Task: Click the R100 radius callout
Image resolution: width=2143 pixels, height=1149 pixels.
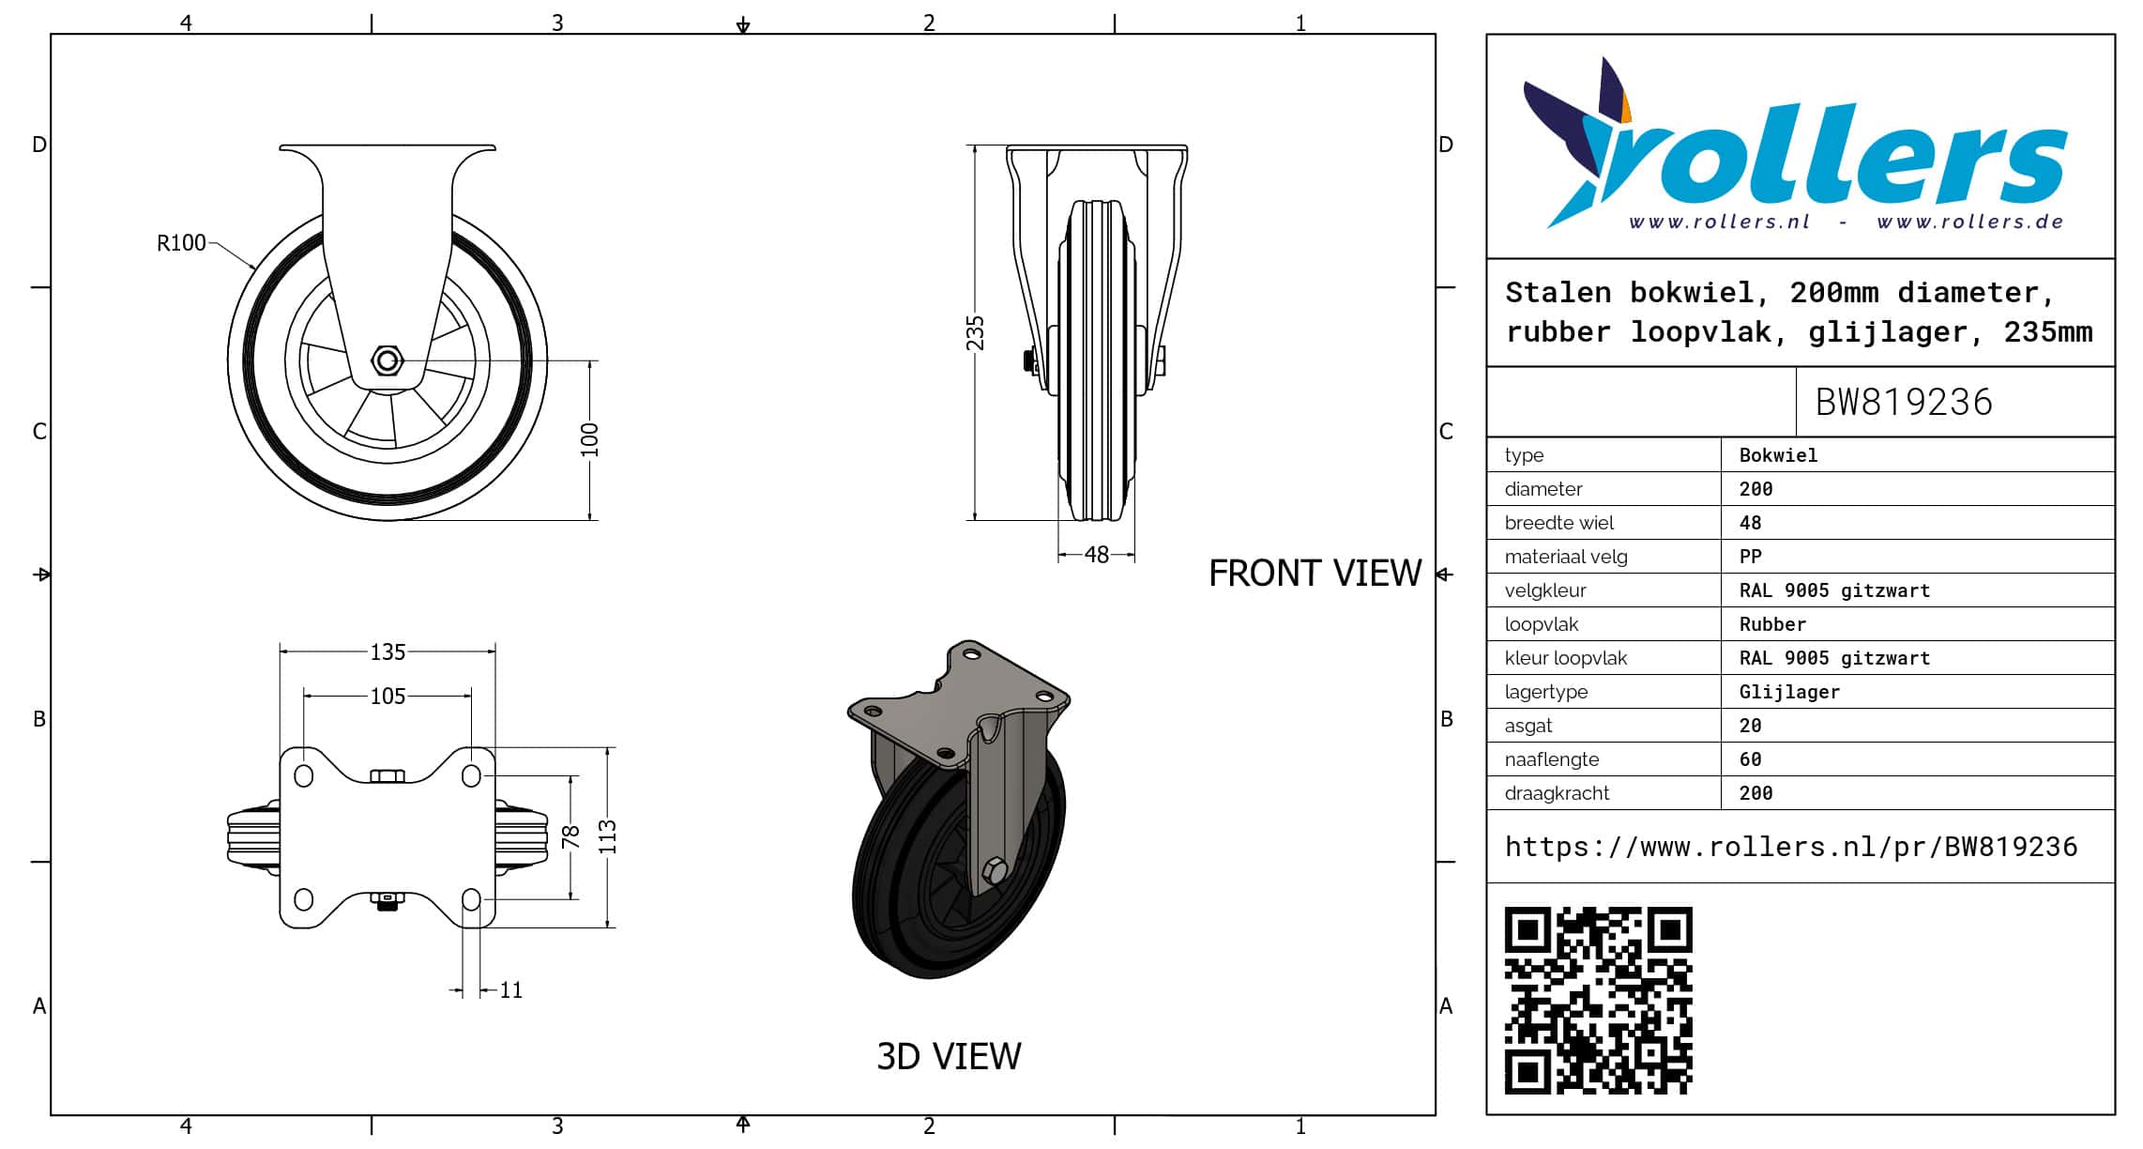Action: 181,243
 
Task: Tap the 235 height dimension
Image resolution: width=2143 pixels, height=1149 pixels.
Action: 976,333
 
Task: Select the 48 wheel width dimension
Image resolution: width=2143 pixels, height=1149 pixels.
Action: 1097,555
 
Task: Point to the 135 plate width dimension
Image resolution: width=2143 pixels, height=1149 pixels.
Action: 388,651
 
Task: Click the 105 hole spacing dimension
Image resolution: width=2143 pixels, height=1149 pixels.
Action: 388,696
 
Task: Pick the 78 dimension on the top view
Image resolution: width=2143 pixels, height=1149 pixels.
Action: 570,836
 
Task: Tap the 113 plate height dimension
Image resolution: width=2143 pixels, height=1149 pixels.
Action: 608,836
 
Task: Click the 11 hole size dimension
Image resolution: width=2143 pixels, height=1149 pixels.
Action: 511,989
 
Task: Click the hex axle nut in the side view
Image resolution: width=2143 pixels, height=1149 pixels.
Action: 388,360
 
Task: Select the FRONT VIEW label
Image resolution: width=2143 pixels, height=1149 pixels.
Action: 1315,573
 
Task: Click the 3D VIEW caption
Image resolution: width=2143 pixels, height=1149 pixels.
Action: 949,1056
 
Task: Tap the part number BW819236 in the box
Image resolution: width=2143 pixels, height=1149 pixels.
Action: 1904,402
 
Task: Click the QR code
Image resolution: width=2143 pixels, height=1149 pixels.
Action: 1599,1000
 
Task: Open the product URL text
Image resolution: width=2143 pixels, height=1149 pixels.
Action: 1791,847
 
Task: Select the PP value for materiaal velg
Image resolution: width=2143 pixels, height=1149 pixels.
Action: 1751,557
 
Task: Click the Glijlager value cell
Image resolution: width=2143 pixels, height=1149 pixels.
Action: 1789,692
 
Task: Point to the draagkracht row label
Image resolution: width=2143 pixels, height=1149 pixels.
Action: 1557,793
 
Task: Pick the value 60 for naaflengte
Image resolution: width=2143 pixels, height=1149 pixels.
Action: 1751,759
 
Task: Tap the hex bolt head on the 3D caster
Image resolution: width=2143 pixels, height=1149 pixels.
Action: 996,870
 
